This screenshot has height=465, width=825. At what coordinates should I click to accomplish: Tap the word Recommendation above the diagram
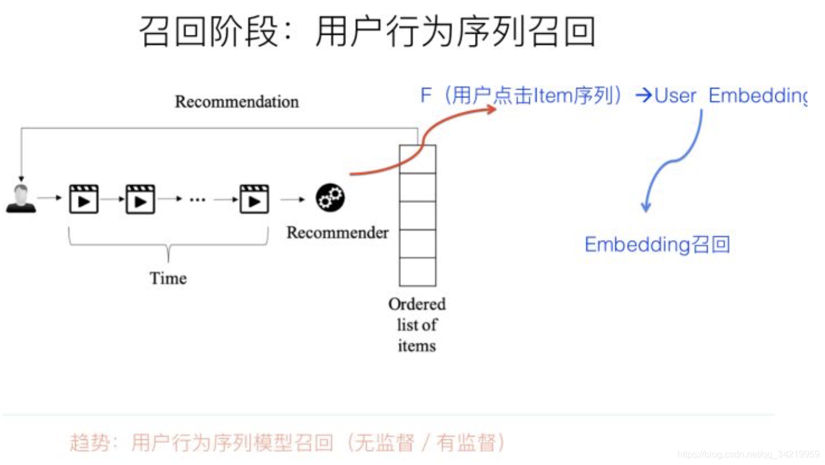[x=236, y=102]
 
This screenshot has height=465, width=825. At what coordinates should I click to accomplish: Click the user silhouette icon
[x=21, y=199]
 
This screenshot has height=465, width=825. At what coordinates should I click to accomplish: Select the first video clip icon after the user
[x=83, y=199]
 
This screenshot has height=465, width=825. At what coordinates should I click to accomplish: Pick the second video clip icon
[x=141, y=199]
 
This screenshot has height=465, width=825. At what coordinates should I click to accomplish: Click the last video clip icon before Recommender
[x=254, y=199]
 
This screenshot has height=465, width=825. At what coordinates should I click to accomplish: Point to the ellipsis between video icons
[x=198, y=200]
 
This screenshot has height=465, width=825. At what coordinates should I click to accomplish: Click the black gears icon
[x=330, y=198]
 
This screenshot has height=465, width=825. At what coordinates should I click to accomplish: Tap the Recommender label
[x=337, y=233]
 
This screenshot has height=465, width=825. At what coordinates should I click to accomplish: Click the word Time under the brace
[x=168, y=278]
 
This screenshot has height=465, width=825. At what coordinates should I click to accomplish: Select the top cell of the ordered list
[x=417, y=159]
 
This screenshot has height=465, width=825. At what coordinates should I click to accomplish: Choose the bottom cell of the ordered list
[x=417, y=272]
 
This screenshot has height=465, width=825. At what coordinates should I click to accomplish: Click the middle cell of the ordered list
[x=417, y=215]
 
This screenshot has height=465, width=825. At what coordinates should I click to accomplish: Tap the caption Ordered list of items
[x=417, y=325]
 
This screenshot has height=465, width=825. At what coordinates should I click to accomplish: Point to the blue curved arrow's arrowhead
[x=645, y=207]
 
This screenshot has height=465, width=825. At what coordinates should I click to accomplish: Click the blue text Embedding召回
[x=657, y=245]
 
